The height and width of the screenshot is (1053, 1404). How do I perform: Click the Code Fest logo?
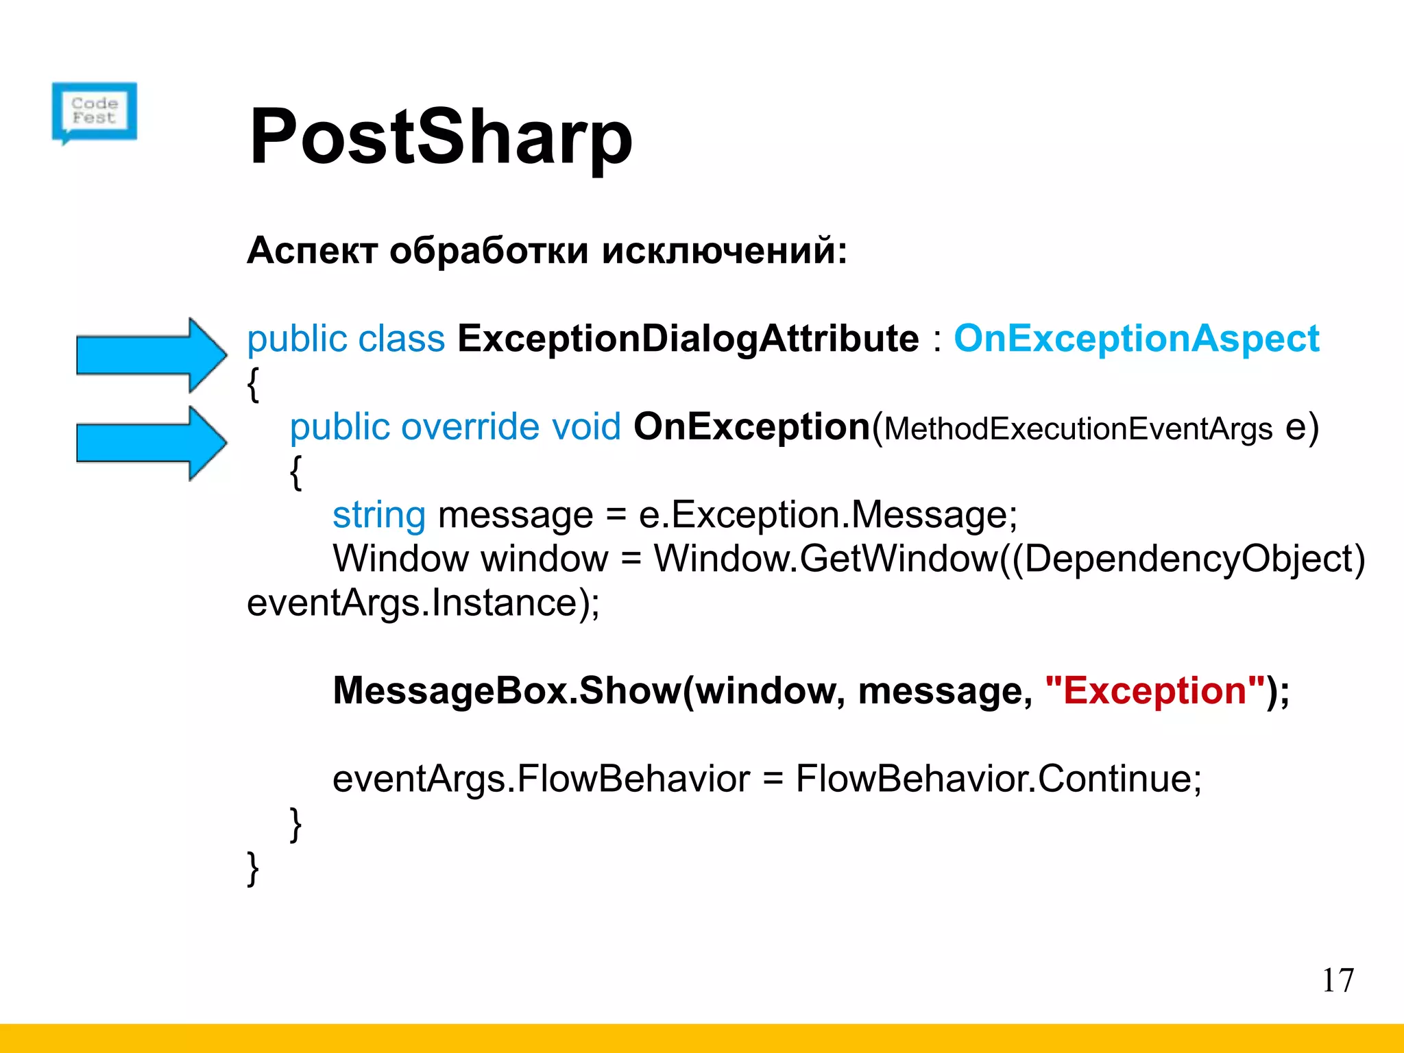95,112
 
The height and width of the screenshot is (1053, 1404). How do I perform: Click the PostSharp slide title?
441,136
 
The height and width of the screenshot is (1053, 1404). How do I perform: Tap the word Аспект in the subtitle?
312,250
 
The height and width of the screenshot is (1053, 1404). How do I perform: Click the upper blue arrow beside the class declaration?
152,354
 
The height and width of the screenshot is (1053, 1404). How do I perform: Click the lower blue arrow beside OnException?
152,443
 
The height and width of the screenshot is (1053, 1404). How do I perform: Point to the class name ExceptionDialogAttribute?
688,339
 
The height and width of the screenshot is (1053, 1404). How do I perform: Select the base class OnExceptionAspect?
1136,339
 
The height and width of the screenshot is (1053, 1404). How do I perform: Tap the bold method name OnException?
751,427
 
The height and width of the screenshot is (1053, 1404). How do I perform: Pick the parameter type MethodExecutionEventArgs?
1078,429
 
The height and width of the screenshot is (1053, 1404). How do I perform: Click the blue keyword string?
378,516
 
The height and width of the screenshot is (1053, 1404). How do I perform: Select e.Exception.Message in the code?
827,516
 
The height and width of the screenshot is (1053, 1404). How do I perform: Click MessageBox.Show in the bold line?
507,690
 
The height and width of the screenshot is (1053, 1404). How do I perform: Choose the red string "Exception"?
1155,690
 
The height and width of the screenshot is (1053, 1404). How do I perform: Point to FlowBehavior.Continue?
997,779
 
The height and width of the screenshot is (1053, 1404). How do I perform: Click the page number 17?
1338,980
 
